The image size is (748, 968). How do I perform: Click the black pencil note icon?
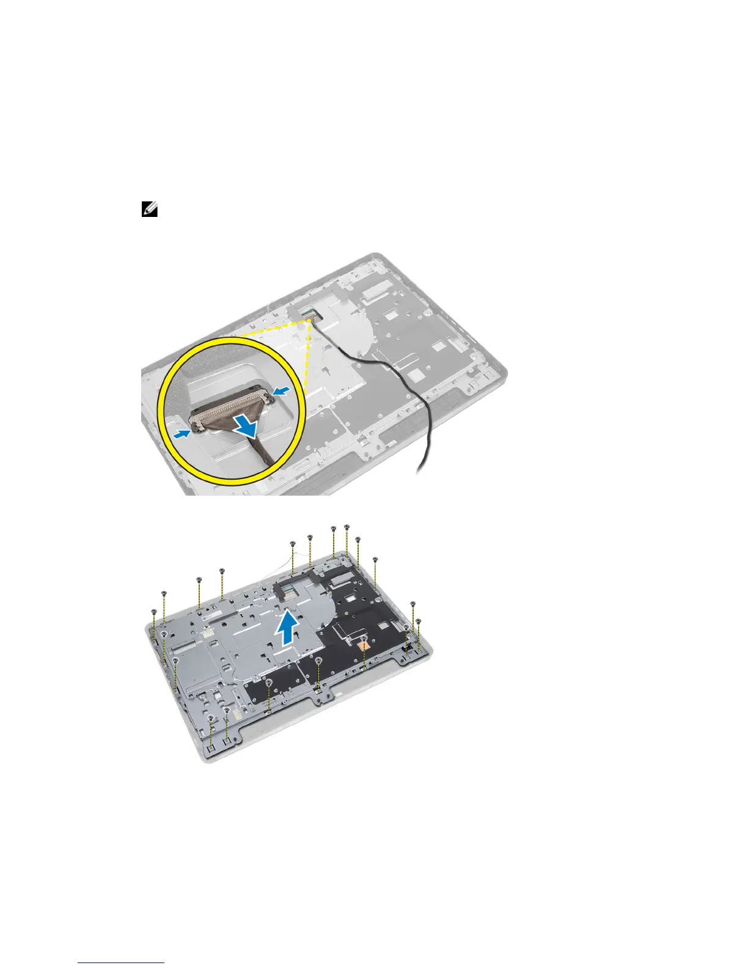(x=150, y=210)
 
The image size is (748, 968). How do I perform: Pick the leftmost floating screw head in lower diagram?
(x=153, y=610)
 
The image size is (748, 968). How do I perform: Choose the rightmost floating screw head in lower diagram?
(x=419, y=621)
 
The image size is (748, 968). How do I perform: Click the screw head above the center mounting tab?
(x=319, y=661)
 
